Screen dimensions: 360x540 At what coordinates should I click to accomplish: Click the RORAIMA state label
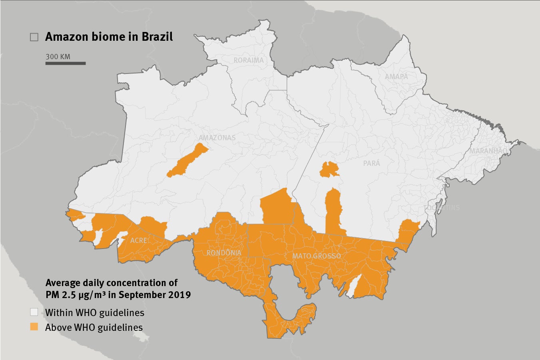pos(249,60)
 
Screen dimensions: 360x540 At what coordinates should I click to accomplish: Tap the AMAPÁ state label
pos(397,76)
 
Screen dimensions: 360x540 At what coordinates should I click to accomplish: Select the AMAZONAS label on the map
pos(217,138)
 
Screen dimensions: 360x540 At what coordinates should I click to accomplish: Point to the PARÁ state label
pos(372,163)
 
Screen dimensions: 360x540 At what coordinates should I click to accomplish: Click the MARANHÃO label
pos(488,151)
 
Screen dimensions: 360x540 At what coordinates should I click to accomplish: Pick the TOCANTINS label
pos(442,208)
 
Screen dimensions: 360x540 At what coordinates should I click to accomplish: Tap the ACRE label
pos(138,241)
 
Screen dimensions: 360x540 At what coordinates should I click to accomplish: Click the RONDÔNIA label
pos(224,253)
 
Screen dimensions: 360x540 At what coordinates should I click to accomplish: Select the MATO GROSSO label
pos(317,256)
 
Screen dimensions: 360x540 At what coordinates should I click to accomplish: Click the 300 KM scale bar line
pos(66,63)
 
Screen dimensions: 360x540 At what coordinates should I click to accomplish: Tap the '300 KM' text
pos(58,57)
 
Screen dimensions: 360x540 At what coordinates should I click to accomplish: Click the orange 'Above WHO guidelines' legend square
pos(34,326)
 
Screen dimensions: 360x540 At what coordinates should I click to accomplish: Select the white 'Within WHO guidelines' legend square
pos(34,312)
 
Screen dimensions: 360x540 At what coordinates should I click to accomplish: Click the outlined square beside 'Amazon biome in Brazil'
pos(34,37)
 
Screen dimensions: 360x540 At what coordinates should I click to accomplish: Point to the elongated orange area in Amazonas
pos(187,161)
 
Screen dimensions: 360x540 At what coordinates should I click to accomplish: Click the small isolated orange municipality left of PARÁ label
pos(329,169)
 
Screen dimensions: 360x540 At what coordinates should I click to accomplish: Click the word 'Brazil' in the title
pos(157,37)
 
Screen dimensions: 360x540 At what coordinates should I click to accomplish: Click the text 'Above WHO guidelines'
pos(94,328)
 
